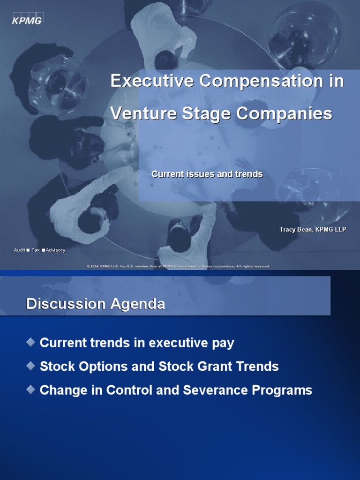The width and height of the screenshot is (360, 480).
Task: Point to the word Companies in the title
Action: [285, 113]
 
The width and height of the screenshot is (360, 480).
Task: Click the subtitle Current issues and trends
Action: [207, 174]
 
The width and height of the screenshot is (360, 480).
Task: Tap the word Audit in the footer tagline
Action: [20, 250]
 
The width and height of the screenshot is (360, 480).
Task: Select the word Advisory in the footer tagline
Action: [55, 250]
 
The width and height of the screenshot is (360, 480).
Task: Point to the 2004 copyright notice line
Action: [178, 266]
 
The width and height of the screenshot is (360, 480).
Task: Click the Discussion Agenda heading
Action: [96, 304]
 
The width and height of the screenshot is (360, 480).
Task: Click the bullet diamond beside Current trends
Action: [31, 343]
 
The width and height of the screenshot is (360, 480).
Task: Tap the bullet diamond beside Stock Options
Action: [31, 366]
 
